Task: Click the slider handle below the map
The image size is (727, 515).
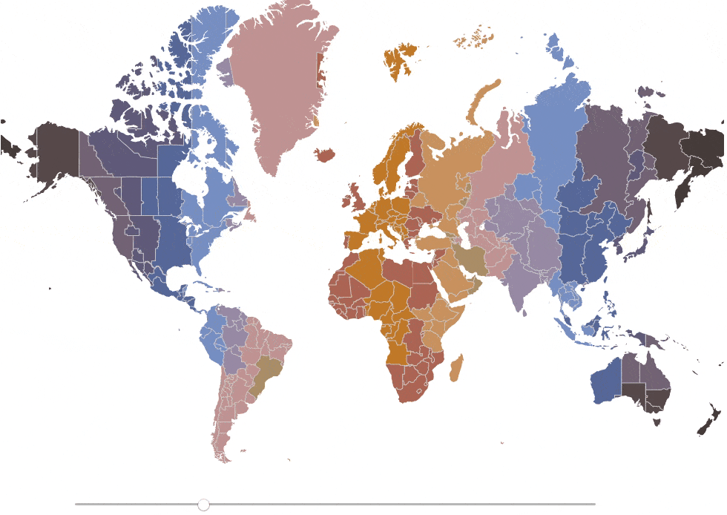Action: point(203,505)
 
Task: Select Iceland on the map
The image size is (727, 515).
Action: point(324,155)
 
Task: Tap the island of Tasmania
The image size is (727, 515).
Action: point(656,422)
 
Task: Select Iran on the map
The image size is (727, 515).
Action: point(470,259)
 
